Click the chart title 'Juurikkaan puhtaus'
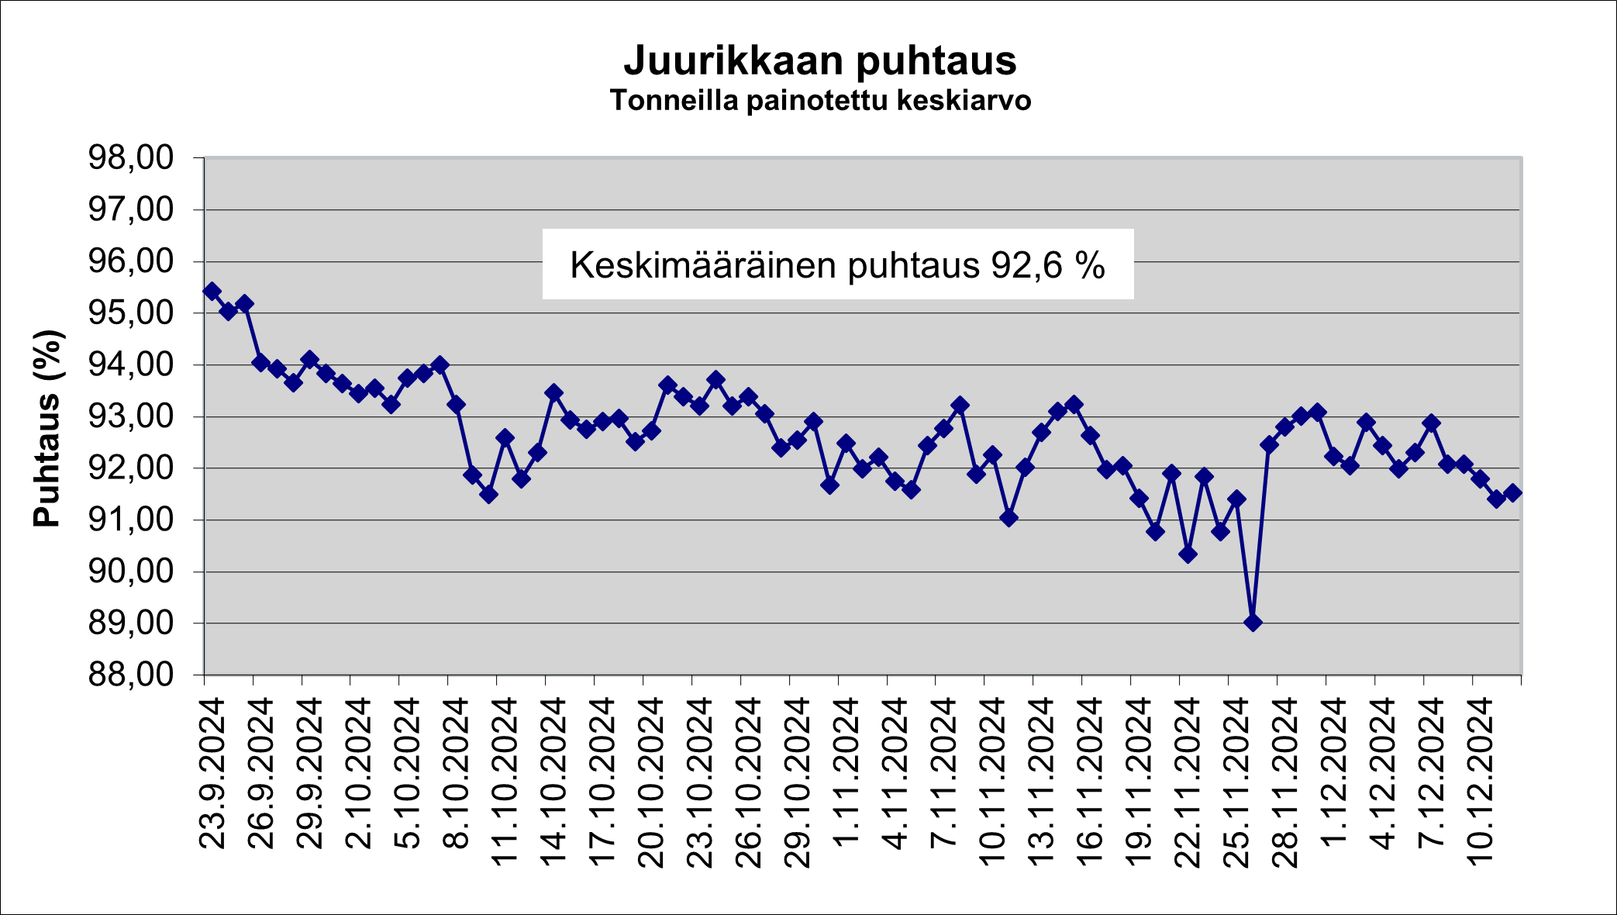coord(819,60)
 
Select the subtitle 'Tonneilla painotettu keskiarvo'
coord(819,101)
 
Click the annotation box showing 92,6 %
coord(837,264)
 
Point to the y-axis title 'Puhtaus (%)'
coord(47,429)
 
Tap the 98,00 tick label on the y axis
coord(130,158)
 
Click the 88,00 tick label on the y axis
coord(130,675)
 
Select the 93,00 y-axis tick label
coord(130,416)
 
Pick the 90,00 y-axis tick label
coord(130,571)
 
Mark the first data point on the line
coord(212,291)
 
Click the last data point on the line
coord(1512,492)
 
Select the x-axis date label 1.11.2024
coord(847,772)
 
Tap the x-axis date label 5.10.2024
coord(408,772)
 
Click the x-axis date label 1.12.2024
coord(1335,772)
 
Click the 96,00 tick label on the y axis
coord(130,261)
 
